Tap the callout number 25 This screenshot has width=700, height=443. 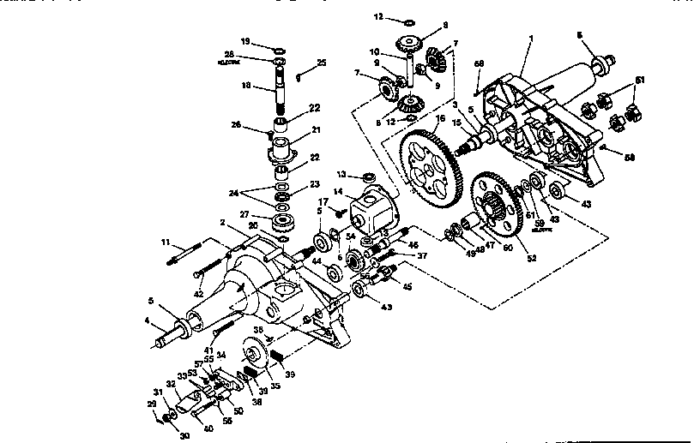tap(322, 63)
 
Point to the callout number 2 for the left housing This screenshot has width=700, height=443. tap(221, 222)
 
